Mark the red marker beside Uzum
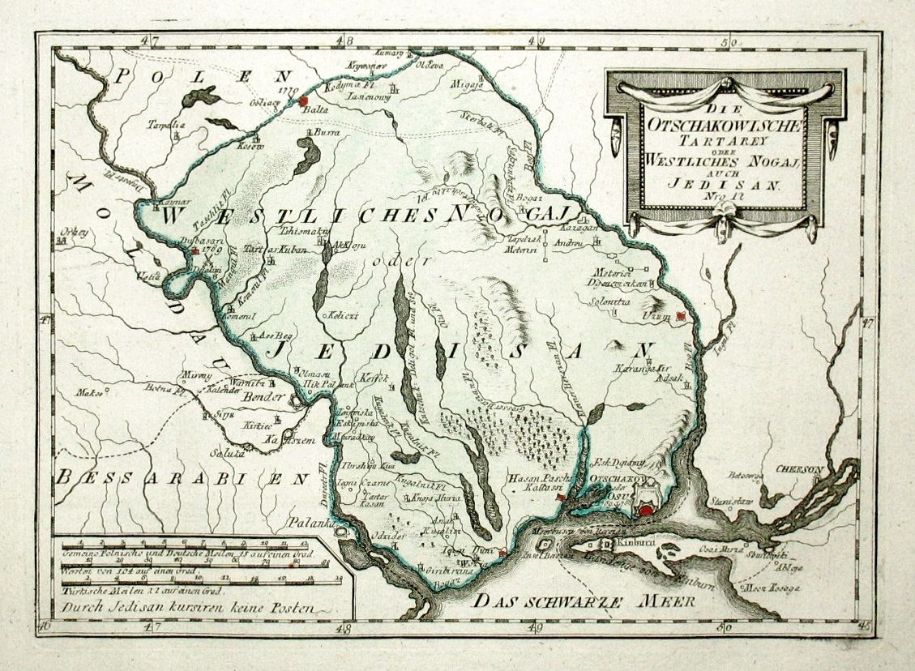682,316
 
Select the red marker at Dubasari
195,251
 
